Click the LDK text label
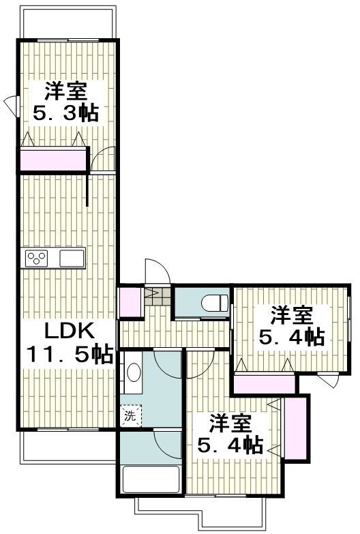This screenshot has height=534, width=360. pos(67,332)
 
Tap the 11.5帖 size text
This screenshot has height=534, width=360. pos(68,355)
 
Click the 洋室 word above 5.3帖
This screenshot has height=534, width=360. pos(66,90)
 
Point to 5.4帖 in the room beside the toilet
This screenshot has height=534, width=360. pos(291,337)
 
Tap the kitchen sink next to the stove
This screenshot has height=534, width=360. pos(71,258)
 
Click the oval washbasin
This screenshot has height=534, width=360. pos(134,374)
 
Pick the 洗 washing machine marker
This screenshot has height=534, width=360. pos(129,416)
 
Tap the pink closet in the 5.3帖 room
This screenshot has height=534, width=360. pos(53,160)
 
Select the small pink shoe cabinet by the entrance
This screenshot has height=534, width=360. pos(127,302)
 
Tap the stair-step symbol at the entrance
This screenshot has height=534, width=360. pos(154,297)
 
